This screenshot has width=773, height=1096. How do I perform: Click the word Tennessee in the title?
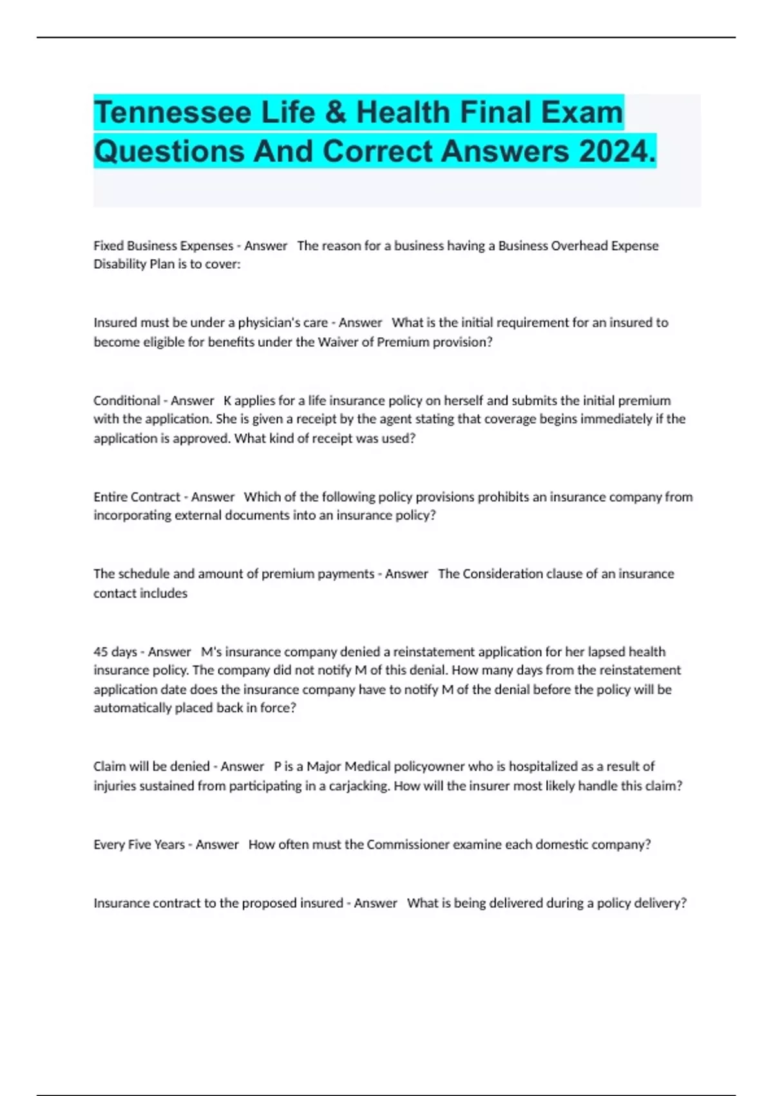pos(172,113)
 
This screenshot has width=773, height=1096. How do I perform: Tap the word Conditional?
pos(126,400)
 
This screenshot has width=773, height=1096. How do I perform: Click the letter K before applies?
pos(227,400)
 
